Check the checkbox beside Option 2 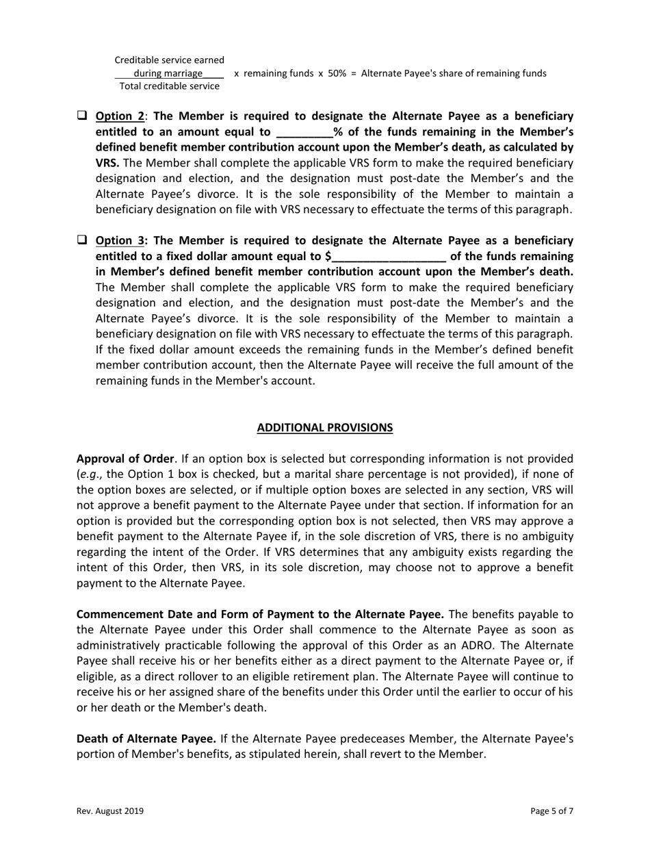pos(81,116)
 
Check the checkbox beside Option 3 pos(81,240)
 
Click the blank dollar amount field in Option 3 pos(389,257)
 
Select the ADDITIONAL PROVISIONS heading pos(325,428)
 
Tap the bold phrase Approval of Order pos(125,459)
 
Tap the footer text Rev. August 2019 pos(109,811)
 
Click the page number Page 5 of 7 pos(551,811)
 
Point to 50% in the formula pos(337,73)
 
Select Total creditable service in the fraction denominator pos(170,86)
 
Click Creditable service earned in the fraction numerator pos(169,60)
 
